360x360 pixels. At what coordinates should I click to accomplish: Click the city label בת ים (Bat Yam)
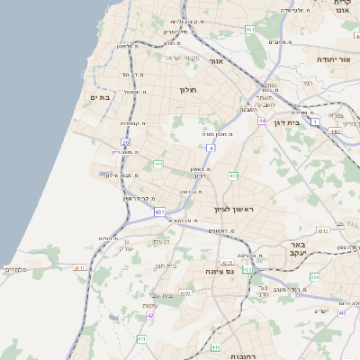pos(99,97)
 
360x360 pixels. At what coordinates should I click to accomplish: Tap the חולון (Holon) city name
pos(188,90)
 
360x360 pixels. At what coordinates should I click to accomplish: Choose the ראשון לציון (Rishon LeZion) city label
pos(235,210)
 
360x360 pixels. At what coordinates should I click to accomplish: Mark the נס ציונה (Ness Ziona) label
pos(220,271)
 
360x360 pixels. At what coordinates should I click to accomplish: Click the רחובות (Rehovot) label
pos(243,356)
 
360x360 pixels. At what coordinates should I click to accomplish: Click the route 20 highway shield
pos(125,142)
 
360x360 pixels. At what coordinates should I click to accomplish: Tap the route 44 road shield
pos(262,120)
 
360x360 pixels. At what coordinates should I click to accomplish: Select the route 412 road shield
pos(233,176)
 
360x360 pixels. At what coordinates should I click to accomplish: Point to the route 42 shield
pos(150,316)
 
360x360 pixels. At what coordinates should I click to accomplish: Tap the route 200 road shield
pos(314,277)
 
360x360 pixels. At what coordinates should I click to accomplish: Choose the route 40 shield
pos(341,313)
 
